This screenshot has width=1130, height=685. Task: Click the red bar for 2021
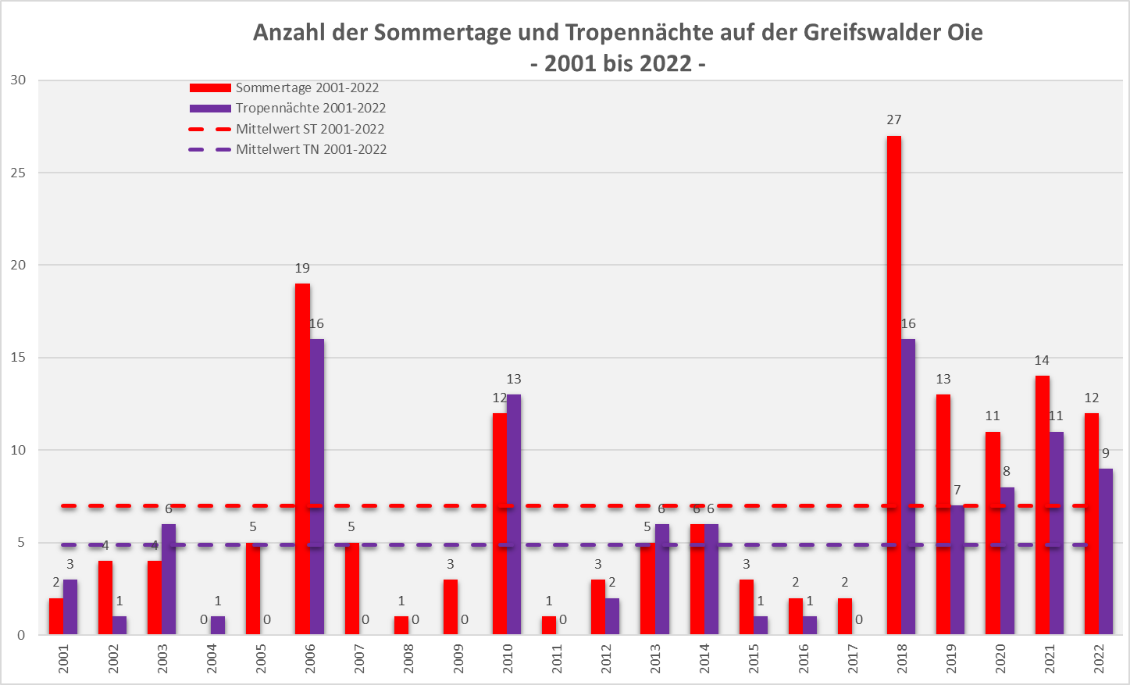click(x=1042, y=505)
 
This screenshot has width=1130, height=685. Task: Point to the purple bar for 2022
click(x=1105, y=551)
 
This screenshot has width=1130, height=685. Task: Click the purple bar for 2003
click(x=169, y=579)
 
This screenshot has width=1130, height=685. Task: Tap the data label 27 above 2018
click(x=893, y=120)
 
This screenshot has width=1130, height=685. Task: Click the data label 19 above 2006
click(x=302, y=268)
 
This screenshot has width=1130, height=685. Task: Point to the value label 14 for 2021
click(x=1042, y=361)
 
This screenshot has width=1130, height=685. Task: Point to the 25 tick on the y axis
click(x=17, y=173)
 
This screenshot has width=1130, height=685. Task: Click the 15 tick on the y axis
click(x=17, y=358)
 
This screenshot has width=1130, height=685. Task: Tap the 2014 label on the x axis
click(x=704, y=658)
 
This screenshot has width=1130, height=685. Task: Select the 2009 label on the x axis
click(x=458, y=658)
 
